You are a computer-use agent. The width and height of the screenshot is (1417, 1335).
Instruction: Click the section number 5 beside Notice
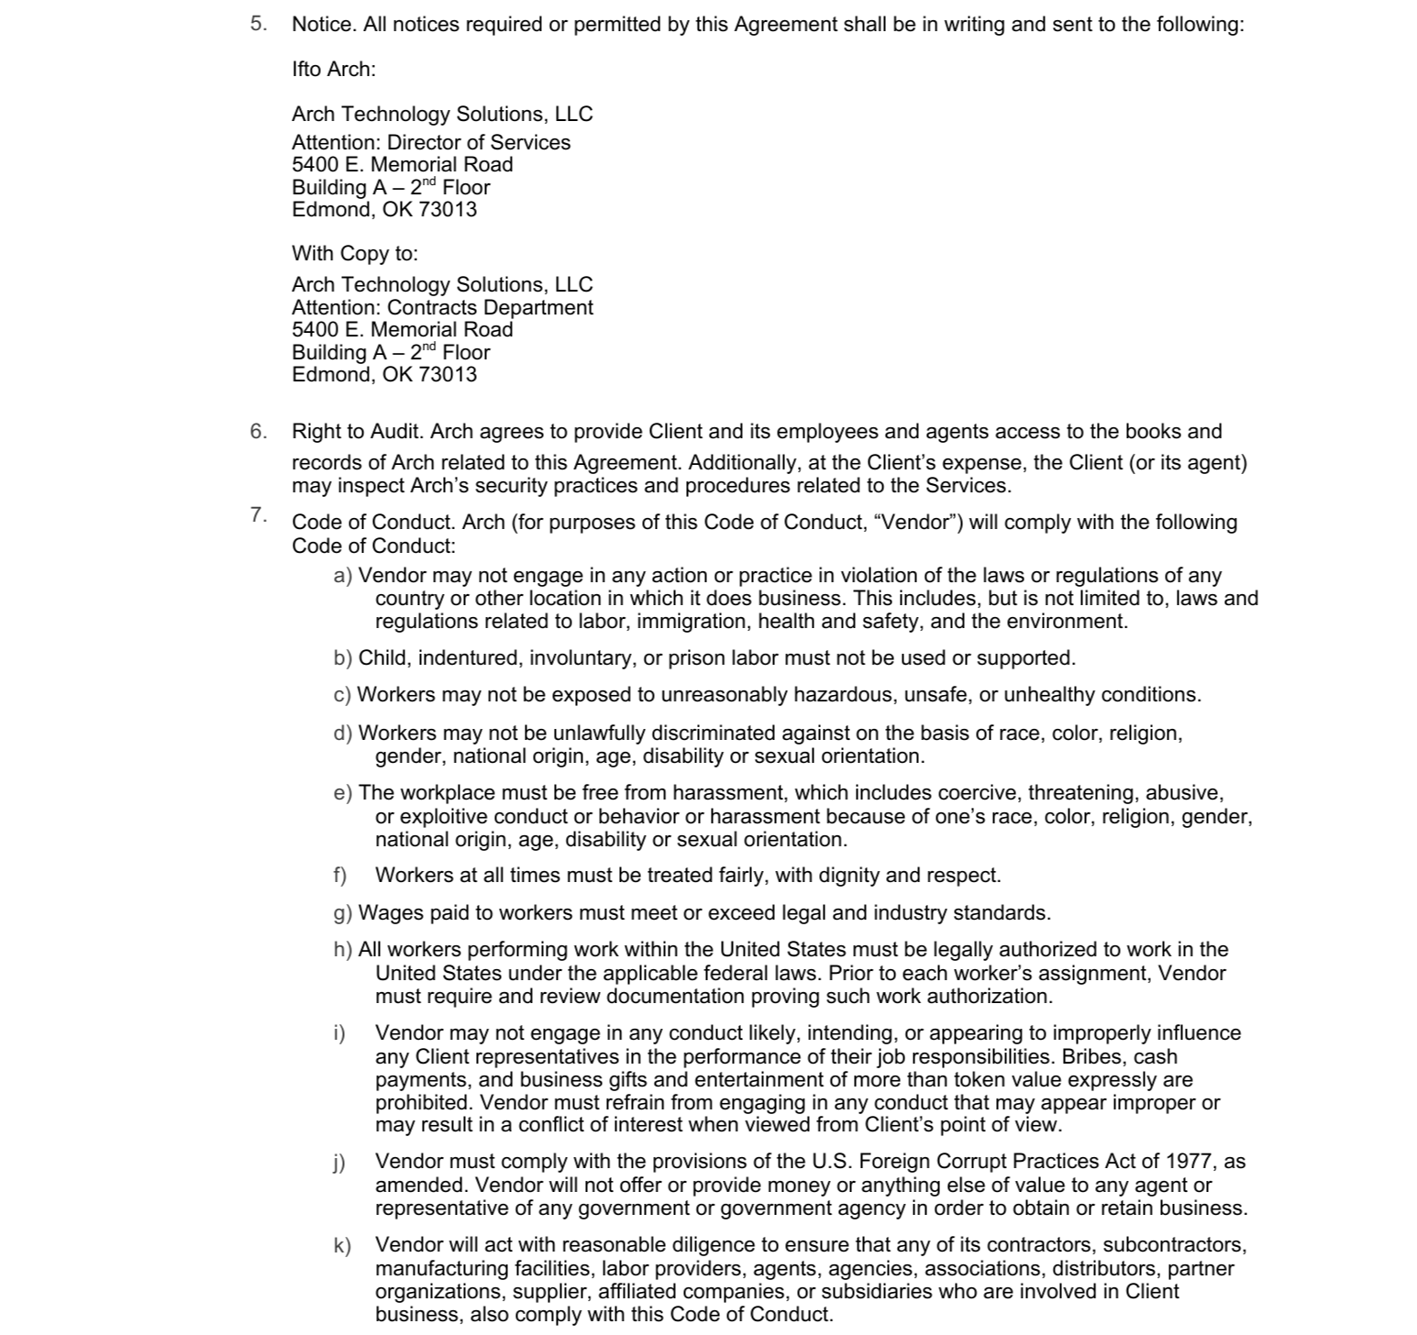(258, 23)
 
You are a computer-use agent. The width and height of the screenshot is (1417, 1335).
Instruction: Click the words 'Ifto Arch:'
(334, 69)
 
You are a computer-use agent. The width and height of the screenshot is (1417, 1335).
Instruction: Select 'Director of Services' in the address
(479, 142)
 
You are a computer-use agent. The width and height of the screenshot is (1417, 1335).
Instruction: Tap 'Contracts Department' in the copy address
(490, 307)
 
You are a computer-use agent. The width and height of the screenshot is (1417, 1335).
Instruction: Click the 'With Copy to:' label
(354, 253)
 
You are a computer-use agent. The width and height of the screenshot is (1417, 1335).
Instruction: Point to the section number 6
(258, 431)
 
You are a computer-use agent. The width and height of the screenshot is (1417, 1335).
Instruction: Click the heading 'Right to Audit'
(357, 431)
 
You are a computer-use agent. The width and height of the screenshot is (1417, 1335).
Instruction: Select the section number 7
(258, 514)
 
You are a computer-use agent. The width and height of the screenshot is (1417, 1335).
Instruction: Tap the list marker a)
(342, 576)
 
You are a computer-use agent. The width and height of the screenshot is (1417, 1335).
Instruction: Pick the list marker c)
(342, 695)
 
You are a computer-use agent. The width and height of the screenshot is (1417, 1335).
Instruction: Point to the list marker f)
(339, 876)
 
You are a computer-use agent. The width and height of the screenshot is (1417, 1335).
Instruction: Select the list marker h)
(342, 950)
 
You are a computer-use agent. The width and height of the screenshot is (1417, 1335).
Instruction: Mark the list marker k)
(341, 1245)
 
